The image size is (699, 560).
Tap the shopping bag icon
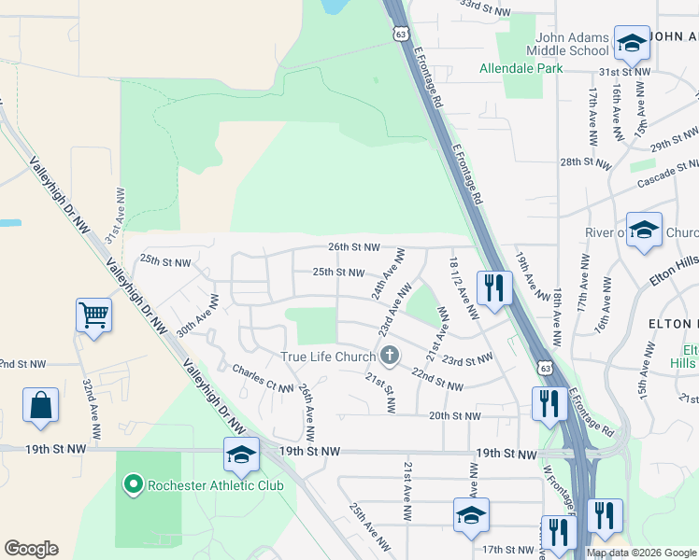point(41,405)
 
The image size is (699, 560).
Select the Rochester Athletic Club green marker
point(133,483)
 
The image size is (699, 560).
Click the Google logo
point(31,549)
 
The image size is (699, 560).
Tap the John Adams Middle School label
point(566,44)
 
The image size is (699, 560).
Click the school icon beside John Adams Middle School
point(632,43)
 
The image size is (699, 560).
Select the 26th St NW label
point(354,247)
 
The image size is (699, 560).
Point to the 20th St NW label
point(454,415)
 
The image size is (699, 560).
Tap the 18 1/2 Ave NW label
point(464,289)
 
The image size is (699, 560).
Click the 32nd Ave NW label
point(92,411)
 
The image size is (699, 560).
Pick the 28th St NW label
point(586,162)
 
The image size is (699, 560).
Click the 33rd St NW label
point(484,5)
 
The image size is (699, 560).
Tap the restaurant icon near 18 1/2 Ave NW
point(494,287)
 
